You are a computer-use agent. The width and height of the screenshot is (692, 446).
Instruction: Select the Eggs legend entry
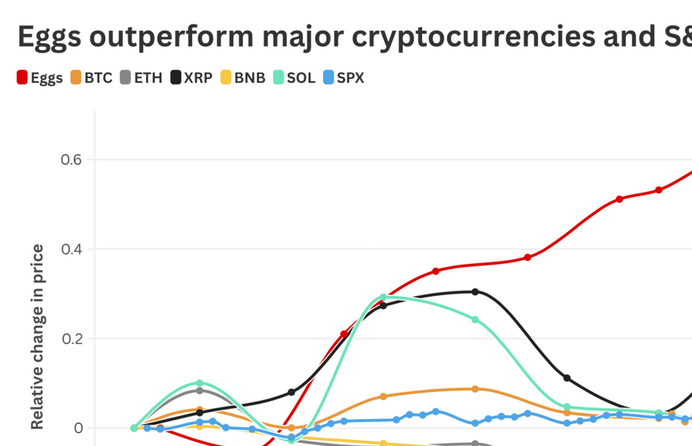(40, 78)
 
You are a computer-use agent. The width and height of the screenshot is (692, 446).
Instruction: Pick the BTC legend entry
(91, 78)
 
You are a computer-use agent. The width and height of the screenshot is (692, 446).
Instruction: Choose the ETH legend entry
(141, 78)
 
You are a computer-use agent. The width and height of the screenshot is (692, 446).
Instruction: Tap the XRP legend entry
(192, 78)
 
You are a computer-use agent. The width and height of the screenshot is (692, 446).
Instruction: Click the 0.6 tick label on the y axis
(70, 160)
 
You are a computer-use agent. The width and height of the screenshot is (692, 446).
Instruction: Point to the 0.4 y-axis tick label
(70, 249)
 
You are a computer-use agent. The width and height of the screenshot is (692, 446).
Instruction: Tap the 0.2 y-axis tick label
(70, 339)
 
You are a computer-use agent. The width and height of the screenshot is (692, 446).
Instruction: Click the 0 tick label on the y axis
(76, 428)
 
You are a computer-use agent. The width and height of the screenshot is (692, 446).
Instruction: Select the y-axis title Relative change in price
(37, 336)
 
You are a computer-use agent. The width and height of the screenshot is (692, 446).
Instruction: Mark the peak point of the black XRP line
(475, 291)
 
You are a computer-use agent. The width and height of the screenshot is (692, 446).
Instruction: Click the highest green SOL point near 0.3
(384, 297)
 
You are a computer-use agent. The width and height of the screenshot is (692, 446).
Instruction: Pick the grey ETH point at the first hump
(200, 391)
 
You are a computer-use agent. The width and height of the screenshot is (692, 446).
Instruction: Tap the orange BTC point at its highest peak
(475, 389)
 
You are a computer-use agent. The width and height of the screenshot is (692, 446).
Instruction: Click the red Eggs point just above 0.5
(620, 199)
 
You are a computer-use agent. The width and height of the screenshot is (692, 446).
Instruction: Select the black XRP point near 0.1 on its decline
(567, 378)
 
